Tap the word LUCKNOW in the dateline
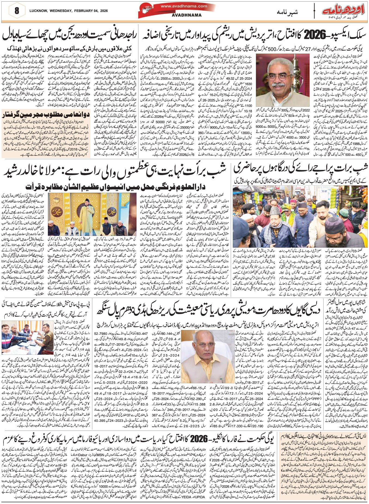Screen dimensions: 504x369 37,11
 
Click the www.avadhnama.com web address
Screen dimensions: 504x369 184,6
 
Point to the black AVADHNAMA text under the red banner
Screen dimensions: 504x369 187,15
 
